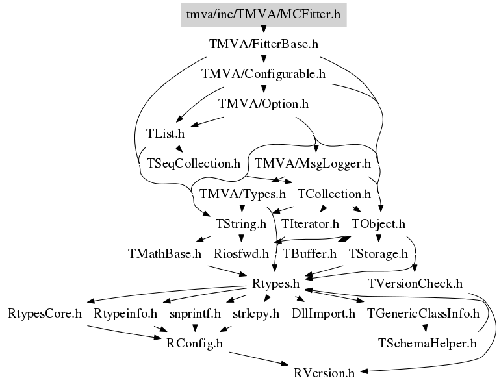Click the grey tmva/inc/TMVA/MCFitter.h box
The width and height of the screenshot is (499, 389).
264,15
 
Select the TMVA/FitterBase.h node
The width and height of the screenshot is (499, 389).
264,44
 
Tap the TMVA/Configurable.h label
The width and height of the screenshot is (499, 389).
264,74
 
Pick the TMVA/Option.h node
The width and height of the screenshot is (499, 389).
264,104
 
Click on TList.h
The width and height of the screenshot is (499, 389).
165,134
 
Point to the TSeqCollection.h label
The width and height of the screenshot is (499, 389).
194,164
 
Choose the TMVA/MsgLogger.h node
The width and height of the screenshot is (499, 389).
313,164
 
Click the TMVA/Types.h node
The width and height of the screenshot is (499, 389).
242,194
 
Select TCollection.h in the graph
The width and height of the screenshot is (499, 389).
334,194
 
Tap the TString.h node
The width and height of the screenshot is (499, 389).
241,224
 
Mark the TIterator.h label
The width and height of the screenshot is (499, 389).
310,224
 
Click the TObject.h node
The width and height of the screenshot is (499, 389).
378,224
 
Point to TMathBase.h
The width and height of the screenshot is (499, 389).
165,254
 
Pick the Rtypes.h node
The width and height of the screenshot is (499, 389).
275,284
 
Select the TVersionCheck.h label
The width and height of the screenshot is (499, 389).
415,284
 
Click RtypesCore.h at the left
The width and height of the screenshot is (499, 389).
45,314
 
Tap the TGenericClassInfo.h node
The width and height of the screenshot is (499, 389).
423,314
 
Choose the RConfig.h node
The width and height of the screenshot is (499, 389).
194,344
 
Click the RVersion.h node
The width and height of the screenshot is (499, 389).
324,373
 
